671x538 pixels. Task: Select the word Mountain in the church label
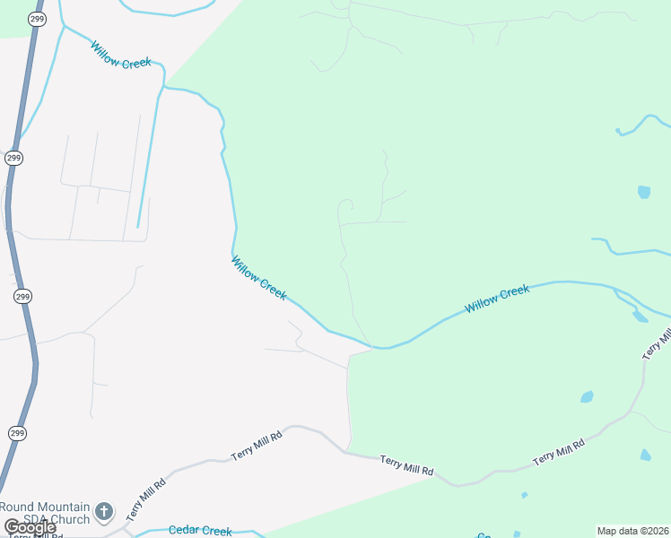[x=65, y=507]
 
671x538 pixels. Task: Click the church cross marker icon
[x=104, y=512]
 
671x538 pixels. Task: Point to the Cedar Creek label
[x=200, y=531]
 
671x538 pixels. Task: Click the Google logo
[x=30, y=527]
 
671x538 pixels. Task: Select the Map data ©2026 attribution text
[x=632, y=531]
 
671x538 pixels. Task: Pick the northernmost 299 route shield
[x=37, y=18]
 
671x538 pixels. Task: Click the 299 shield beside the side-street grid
[x=13, y=158]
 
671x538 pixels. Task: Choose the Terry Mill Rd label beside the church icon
[x=146, y=499]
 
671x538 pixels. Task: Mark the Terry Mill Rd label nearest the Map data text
[x=558, y=452]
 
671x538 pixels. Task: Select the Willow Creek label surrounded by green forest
[x=497, y=299]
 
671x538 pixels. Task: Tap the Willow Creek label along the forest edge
[x=259, y=278]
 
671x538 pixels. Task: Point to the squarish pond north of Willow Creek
[x=643, y=192]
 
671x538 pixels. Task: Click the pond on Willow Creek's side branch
[x=640, y=316]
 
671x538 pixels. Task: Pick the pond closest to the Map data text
[x=646, y=455]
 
